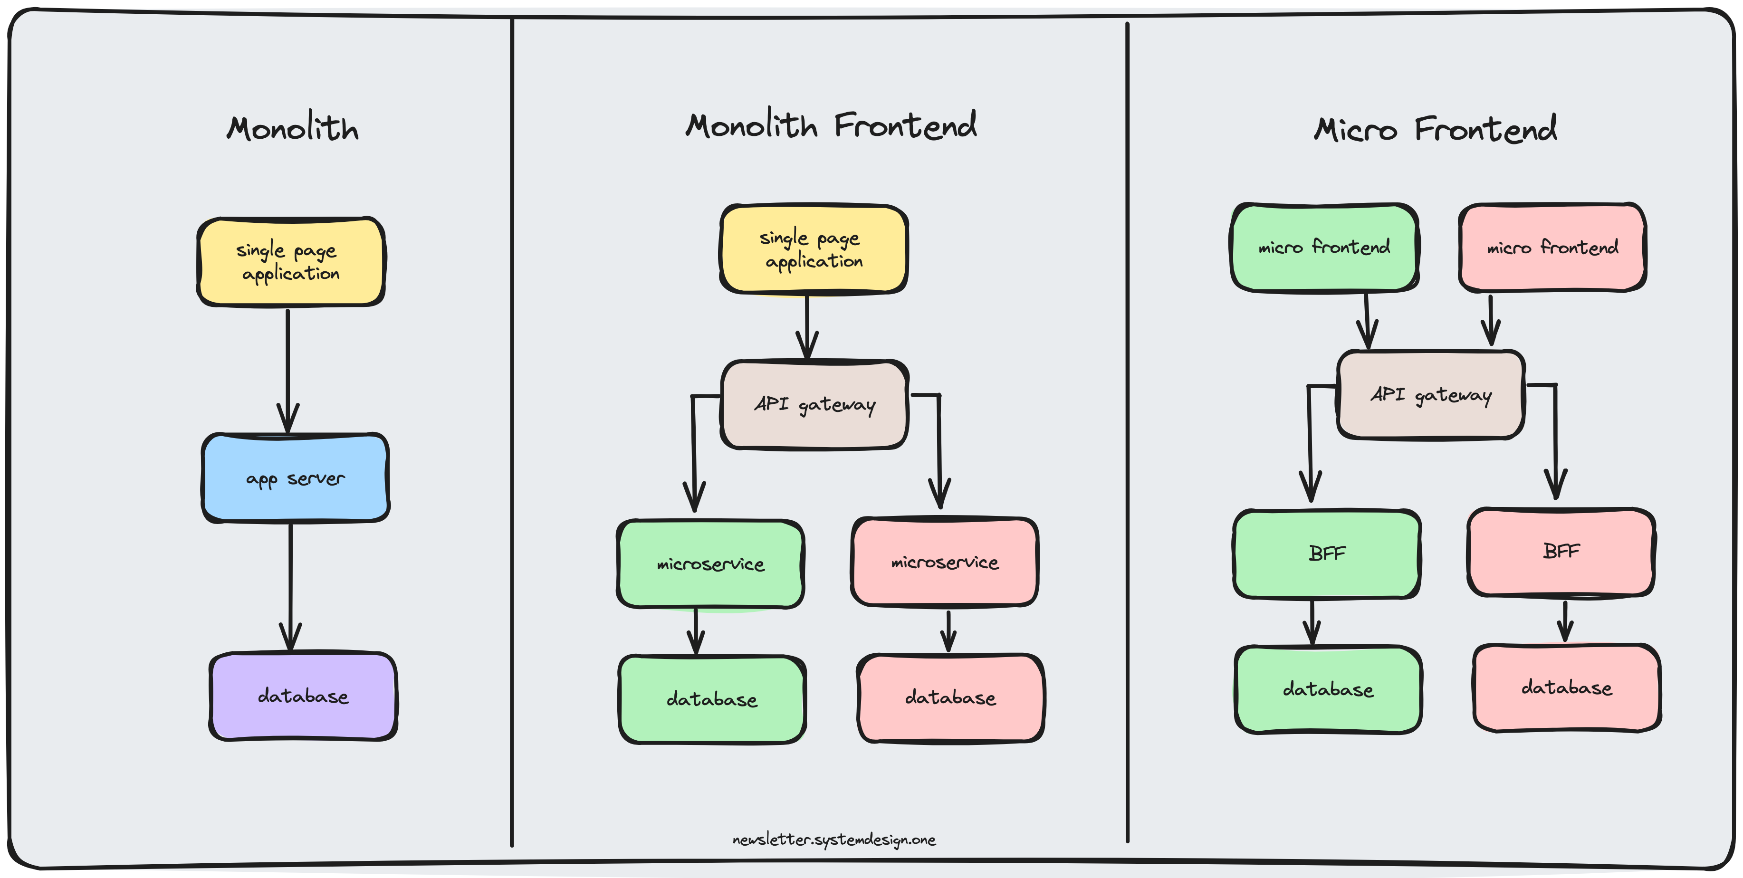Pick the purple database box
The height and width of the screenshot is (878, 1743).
click(x=303, y=696)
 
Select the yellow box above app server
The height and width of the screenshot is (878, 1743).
click(x=291, y=262)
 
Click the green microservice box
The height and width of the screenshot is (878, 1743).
click(x=710, y=564)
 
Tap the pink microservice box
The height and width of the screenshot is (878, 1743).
click(x=945, y=562)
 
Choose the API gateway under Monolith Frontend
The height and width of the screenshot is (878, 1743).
click(x=814, y=404)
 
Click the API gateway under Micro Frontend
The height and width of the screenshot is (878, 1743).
click(x=1430, y=394)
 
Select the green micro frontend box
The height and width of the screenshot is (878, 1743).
click(x=1324, y=248)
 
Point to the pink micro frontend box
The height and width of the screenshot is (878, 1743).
click(x=1552, y=248)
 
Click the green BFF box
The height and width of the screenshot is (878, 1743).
click(x=1327, y=554)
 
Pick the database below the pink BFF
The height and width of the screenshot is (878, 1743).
click(x=1566, y=688)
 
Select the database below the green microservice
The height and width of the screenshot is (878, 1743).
click(x=712, y=699)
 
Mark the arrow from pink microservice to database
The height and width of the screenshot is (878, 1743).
click(x=948, y=631)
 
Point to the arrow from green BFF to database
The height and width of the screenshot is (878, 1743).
click(x=1312, y=622)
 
